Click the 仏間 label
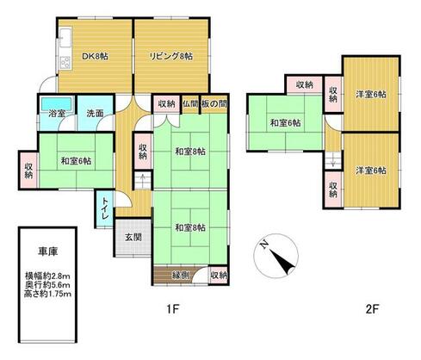[189, 103]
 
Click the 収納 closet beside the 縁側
[219, 276]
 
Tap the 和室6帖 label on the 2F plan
[284, 122]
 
